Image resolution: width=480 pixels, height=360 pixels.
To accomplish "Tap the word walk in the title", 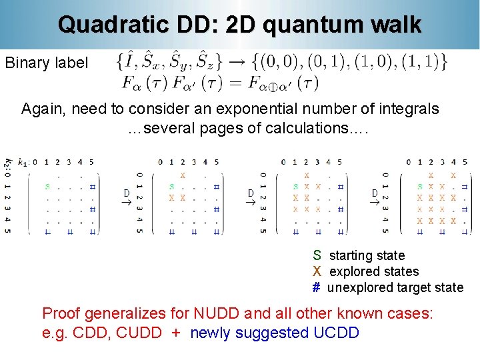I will tap(397, 25).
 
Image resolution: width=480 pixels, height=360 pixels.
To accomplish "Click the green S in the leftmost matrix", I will tap(47, 187).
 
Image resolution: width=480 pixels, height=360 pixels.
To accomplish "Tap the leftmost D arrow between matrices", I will tap(127, 197).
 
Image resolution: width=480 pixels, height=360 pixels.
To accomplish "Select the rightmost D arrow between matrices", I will tap(375, 197).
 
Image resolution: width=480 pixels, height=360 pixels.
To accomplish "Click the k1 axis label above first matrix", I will tap(23, 161).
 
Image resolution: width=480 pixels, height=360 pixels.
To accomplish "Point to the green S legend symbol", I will tap(317, 255).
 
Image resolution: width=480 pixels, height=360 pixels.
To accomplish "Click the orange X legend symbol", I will tap(317, 271).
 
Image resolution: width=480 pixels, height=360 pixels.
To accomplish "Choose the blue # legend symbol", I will tap(317, 287).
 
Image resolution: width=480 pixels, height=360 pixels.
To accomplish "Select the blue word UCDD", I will tap(335, 332).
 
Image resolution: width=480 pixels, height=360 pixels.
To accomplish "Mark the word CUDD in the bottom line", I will tap(139, 332).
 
